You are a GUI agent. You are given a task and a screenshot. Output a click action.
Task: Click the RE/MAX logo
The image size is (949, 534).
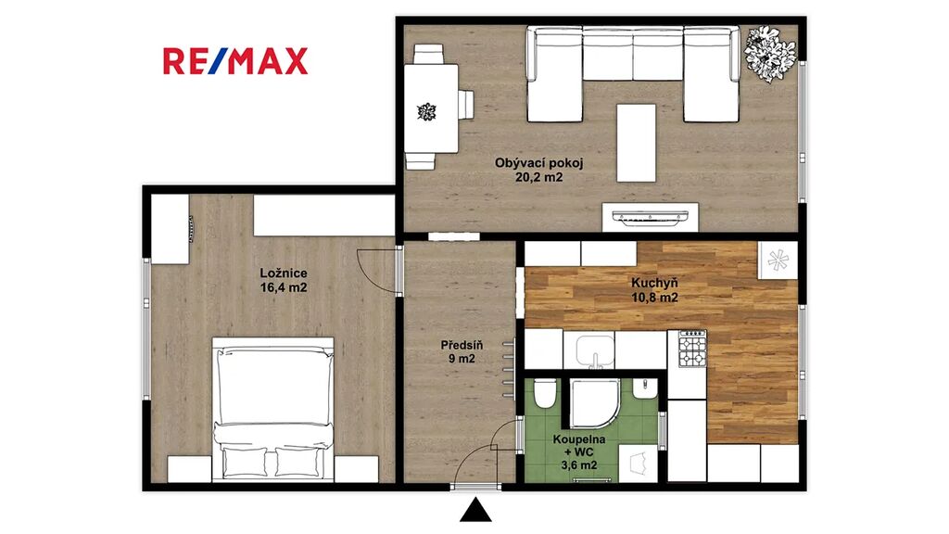pyautogui.click(x=235, y=61)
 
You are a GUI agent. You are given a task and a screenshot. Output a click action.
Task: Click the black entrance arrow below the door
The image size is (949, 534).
pyautogui.click(x=475, y=510)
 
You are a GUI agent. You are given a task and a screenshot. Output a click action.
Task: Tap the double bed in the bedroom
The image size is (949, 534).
pyautogui.click(x=273, y=409)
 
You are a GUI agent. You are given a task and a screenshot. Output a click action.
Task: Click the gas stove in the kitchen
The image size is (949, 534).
pyautogui.click(x=692, y=349)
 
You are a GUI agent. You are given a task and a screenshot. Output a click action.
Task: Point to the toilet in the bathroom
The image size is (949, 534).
pyautogui.click(x=545, y=392)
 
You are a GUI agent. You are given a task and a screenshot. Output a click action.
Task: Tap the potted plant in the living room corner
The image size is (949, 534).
pyautogui.click(x=769, y=53)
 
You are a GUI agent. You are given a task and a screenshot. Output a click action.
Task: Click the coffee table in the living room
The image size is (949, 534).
pyautogui.click(x=636, y=143)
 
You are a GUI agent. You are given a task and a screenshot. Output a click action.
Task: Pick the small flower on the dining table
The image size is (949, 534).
pyautogui.click(x=426, y=112)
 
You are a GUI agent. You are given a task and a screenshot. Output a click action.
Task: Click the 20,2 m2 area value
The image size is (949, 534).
pyautogui.click(x=538, y=177)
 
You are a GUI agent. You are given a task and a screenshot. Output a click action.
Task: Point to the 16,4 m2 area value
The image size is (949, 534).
pyautogui.click(x=284, y=287)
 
